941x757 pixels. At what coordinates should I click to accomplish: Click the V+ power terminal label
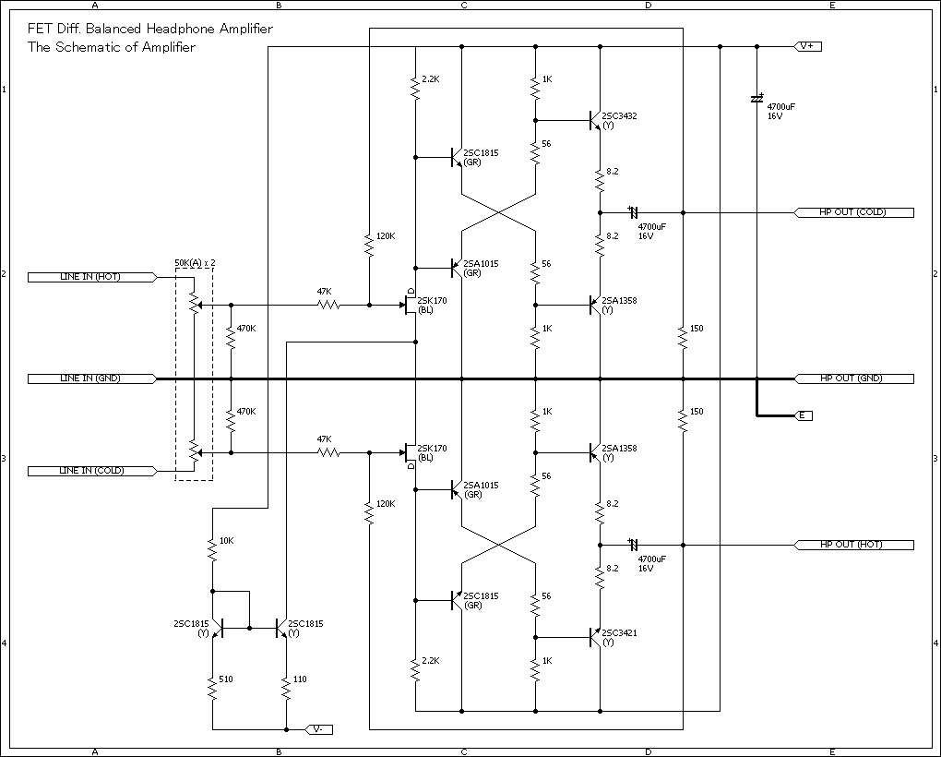pos(807,46)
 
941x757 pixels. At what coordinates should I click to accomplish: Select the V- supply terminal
pos(318,729)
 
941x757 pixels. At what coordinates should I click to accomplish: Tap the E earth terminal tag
pos(804,415)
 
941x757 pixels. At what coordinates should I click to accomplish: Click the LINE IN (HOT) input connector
pos(90,277)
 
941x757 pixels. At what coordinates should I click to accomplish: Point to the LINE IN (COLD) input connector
pos(90,471)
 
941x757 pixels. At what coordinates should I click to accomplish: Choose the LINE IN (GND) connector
pos(90,378)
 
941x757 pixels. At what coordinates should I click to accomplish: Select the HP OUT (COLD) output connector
pos(853,212)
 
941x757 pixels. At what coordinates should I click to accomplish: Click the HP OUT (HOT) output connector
pos(853,545)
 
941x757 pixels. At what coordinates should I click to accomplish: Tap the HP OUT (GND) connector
pos(853,378)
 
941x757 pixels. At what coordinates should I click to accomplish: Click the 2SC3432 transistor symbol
pos(595,120)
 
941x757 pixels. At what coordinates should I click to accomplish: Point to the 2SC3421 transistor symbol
pos(595,637)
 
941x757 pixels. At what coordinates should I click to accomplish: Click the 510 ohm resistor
pos(212,688)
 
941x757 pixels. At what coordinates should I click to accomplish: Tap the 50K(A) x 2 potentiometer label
pos(195,263)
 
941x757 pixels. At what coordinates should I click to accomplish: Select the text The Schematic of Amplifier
pos(112,47)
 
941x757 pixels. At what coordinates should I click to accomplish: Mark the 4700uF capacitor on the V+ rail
pos(756,98)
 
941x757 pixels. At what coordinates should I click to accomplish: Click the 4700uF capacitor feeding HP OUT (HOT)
pos(634,545)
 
